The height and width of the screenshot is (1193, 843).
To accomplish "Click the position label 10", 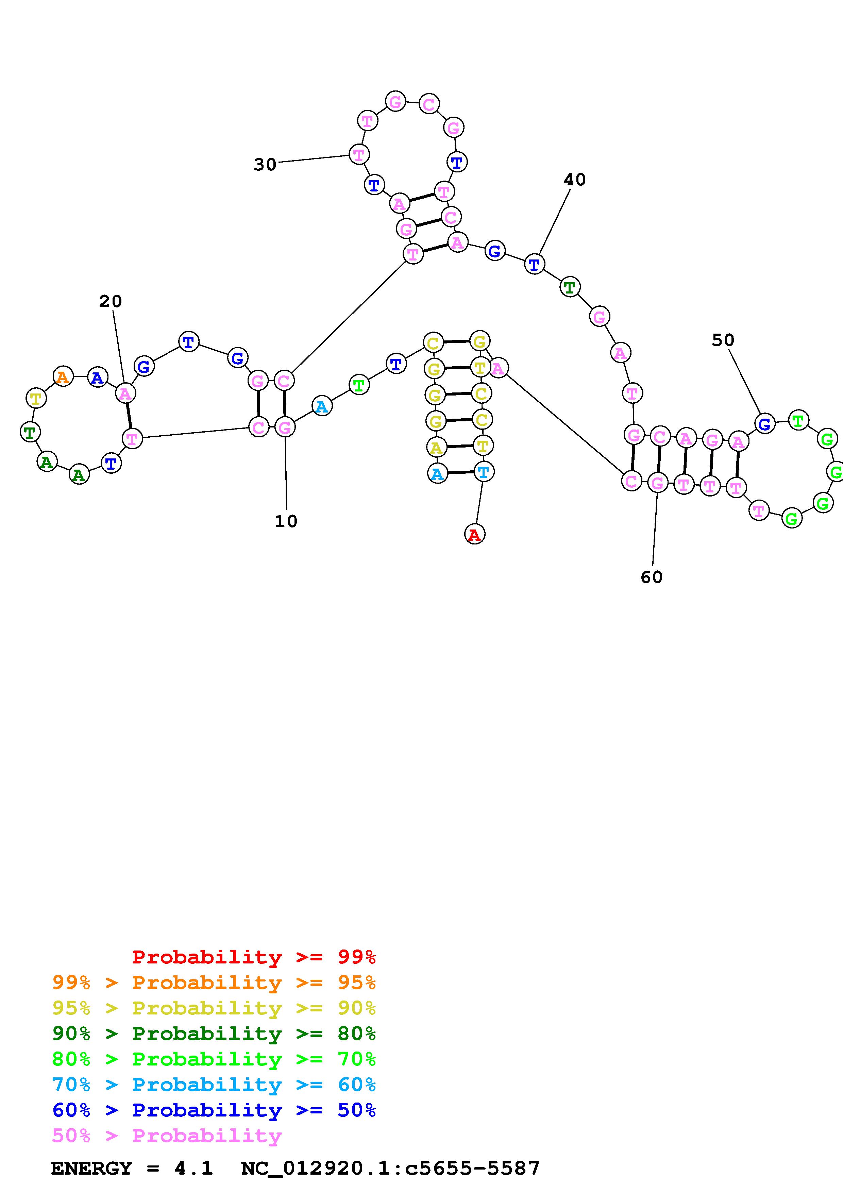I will (286, 521).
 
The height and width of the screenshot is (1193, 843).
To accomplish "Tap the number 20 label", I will (110, 301).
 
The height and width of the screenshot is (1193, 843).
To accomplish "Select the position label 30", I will (265, 165).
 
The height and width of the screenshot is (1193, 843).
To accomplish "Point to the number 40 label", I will (574, 180).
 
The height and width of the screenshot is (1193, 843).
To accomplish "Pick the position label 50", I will (723, 340).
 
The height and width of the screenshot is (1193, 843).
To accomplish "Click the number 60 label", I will (651, 577).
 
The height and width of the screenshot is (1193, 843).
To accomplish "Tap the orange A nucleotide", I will (63, 376).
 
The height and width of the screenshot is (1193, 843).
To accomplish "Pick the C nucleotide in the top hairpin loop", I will (428, 104).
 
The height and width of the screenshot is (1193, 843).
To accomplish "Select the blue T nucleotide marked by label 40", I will (534, 265).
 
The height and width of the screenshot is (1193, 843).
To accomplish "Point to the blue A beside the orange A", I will (97, 377).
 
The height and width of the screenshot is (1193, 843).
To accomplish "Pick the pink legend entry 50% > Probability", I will (167, 1135).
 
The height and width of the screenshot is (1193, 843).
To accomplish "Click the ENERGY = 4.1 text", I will (132, 1169).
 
